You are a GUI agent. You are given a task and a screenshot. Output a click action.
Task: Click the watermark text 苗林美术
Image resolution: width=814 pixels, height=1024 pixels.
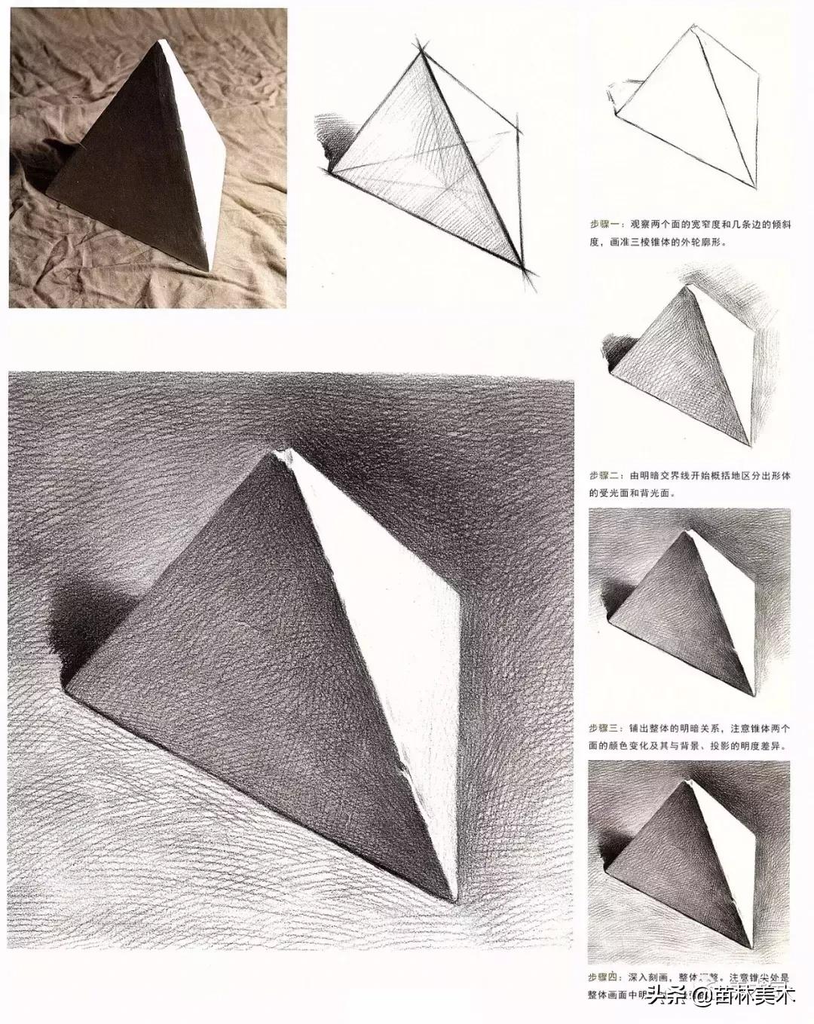tap(754, 996)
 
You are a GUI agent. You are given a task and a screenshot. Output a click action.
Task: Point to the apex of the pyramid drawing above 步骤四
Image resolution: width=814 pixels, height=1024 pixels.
tap(688, 784)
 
